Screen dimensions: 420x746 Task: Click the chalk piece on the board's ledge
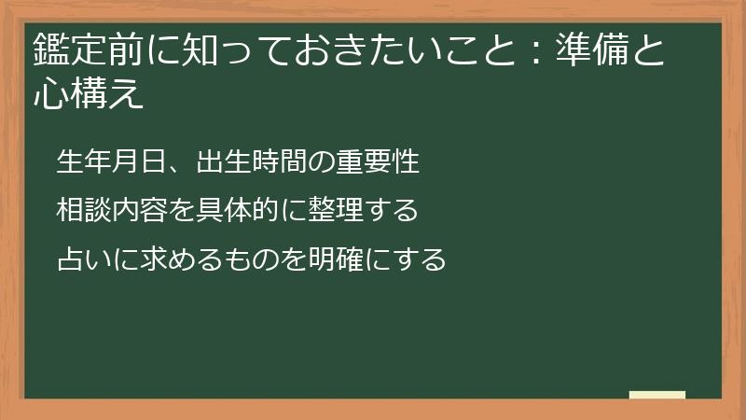[x=656, y=395]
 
